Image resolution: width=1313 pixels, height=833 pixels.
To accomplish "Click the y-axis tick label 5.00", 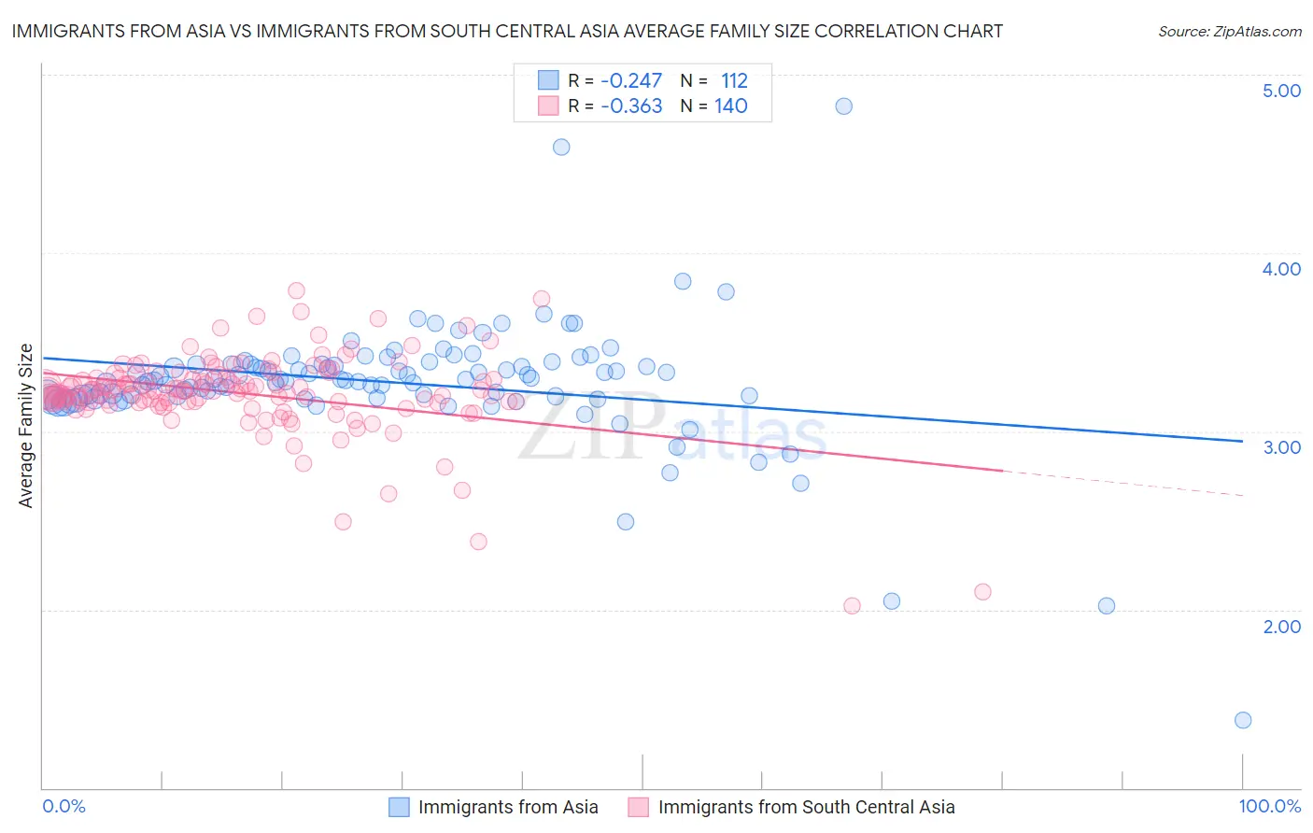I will tap(1281, 91).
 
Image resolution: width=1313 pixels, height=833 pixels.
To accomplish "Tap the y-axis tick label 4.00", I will tap(1281, 269).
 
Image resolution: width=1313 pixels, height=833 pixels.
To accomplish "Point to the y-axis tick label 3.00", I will tap(1281, 447).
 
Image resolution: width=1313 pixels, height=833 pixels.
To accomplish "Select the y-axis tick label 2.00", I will tap(1281, 627).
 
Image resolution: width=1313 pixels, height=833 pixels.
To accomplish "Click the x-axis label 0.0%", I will tap(64, 807).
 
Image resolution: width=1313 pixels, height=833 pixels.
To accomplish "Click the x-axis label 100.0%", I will tap(1269, 807).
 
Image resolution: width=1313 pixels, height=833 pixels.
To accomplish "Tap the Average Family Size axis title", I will tap(26, 426).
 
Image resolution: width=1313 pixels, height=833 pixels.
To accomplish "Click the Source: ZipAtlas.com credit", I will tap(1229, 32).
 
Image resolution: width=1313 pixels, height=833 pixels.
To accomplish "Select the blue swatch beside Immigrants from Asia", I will tap(399, 807).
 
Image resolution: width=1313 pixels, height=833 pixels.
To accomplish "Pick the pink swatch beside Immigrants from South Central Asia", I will tap(639, 807).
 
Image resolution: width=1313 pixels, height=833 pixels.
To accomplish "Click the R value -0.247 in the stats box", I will tap(631, 81).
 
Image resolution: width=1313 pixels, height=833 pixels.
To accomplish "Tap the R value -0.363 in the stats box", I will tap(631, 106).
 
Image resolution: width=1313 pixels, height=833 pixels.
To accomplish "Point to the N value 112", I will tap(734, 81).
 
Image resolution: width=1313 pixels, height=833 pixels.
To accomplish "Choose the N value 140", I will tap(731, 106).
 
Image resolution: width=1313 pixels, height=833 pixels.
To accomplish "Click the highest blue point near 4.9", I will tap(843, 106).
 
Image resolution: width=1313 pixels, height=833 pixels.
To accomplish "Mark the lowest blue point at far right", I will tap(1243, 720).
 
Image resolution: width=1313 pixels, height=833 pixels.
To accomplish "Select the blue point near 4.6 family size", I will tap(561, 147).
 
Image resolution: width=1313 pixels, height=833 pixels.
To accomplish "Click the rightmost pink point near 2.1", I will tap(982, 591).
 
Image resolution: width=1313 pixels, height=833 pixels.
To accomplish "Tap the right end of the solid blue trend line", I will tap(1242, 441).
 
